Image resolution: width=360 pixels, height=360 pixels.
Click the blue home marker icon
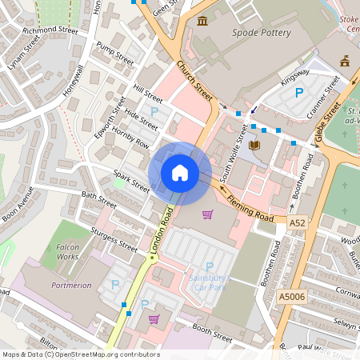[180, 173]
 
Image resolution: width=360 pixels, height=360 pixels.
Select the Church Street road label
[194, 81]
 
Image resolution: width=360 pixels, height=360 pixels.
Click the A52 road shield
[298, 223]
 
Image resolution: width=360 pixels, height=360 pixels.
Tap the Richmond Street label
[50, 31]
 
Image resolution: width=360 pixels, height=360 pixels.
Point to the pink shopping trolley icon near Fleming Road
[208, 214]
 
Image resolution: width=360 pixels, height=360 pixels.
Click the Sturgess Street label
[113, 238]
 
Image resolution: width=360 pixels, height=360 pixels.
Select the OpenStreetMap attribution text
[80, 354]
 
